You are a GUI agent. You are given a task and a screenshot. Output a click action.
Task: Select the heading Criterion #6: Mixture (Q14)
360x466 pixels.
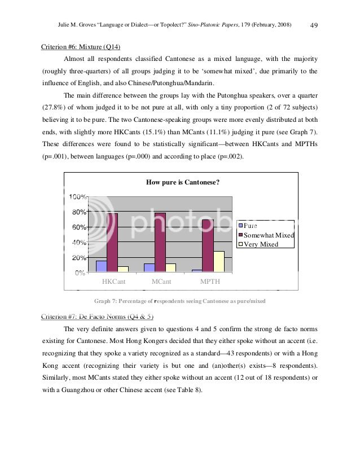(81, 47)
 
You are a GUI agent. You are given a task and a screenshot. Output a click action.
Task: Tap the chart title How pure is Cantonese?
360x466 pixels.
(182, 182)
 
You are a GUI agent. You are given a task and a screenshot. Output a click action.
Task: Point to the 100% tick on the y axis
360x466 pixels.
(77, 196)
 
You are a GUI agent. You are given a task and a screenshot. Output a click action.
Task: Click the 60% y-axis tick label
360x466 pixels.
(78, 227)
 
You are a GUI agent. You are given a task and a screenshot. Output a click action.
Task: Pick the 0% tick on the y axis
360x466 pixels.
(80, 272)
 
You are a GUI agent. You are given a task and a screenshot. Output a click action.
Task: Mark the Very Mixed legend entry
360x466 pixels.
(261, 244)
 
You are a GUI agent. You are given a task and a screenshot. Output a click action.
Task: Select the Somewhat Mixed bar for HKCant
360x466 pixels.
(112, 243)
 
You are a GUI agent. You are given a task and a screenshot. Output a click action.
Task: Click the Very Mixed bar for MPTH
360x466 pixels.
(219, 262)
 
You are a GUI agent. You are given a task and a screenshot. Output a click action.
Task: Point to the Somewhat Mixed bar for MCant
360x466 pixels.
(160, 243)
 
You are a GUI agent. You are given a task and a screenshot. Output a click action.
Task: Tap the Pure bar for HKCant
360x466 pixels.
(102, 266)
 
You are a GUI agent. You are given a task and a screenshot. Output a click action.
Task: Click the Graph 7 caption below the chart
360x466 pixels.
(179, 301)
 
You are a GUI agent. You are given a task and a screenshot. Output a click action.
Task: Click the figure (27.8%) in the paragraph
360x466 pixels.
(55, 107)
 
